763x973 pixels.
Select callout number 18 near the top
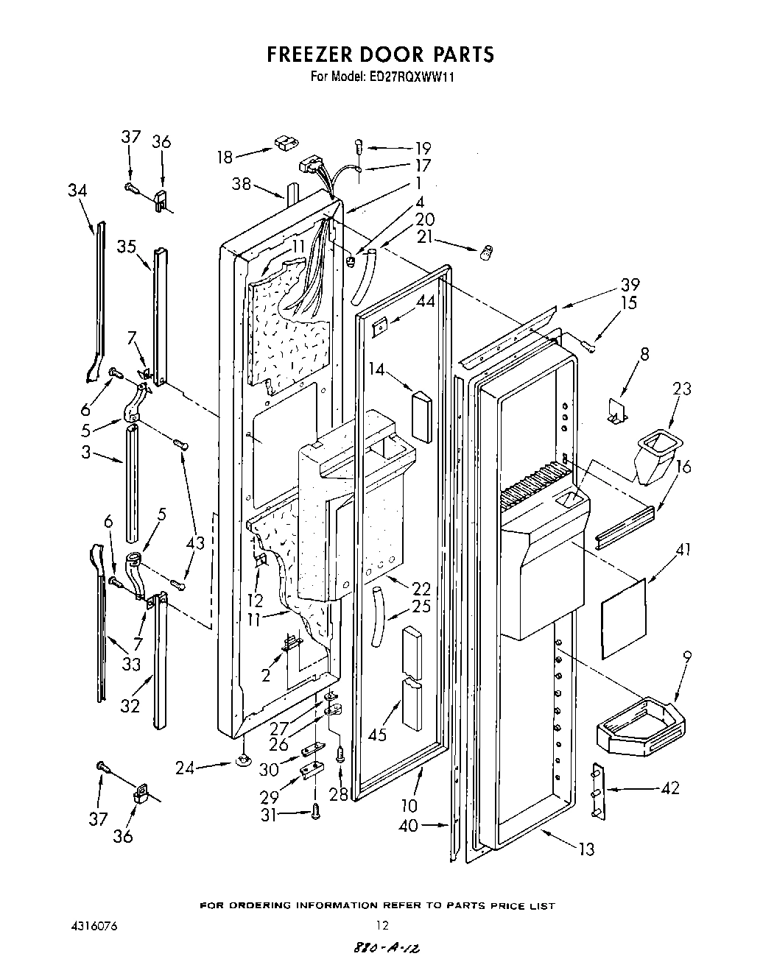point(225,157)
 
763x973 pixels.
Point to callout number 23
point(682,388)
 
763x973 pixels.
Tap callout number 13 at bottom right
point(586,850)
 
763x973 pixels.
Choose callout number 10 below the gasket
point(409,806)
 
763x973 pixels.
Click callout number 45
point(378,734)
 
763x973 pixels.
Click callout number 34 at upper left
point(77,191)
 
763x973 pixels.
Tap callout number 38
point(242,185)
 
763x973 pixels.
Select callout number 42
point(669,788)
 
